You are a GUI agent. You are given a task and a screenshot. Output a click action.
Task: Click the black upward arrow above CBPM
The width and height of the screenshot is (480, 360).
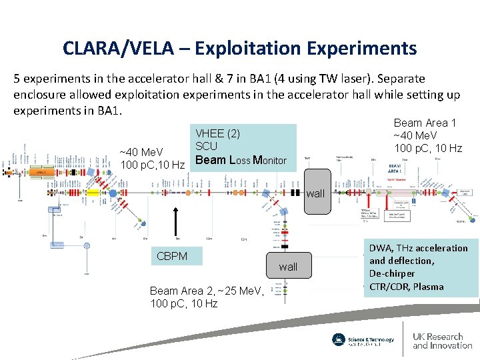click(175, 226)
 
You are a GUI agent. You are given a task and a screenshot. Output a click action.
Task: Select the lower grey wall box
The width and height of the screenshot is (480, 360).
click(288, 267)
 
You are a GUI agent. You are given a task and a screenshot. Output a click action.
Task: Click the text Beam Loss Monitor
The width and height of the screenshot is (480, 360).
click(241, 160)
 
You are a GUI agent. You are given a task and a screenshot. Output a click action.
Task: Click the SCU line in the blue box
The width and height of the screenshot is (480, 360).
click(206, 147)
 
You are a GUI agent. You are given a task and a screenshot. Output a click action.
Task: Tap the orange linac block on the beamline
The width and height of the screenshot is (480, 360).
click(41, 171)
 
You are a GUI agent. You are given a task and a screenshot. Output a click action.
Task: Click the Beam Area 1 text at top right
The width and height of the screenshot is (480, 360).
click(425, 123)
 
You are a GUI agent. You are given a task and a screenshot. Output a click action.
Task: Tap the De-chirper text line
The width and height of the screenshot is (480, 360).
click(392, 273)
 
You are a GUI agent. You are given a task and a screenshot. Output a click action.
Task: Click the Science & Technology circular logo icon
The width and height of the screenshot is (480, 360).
click(339, 339)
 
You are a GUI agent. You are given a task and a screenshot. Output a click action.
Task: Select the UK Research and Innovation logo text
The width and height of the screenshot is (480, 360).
click(441, 341)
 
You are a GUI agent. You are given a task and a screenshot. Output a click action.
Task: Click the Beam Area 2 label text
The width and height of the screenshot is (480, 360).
click(207, 291)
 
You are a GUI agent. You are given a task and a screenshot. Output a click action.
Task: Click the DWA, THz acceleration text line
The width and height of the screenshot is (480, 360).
click(419, 248)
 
